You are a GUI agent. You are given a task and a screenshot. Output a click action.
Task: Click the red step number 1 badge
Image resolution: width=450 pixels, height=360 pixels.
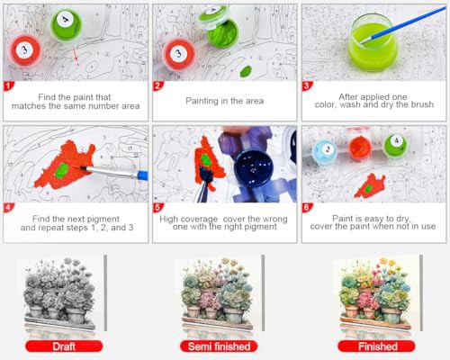pos(8,86)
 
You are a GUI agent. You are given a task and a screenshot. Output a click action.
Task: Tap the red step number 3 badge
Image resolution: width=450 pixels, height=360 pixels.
pos(306,86)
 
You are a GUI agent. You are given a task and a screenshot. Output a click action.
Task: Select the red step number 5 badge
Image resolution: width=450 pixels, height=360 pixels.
pos(157,207)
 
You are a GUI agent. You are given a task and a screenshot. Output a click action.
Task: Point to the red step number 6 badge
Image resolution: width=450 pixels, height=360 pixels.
pos(306,207)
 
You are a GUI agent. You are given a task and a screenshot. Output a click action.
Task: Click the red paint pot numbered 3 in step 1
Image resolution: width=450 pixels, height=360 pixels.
pos(24,50)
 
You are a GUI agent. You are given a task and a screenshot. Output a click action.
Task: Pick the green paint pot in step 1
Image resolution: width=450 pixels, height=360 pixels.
pos(66,23)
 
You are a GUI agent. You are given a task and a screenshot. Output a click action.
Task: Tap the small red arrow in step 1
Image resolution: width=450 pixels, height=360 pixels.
pos(76,55)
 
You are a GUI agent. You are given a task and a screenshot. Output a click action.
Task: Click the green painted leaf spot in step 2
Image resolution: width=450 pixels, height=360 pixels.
pos(246,71)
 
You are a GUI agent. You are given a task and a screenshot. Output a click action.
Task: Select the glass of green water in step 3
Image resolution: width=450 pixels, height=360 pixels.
pos(373,42)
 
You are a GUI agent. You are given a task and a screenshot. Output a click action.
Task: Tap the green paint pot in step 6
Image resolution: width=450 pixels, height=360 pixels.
pos(395,145)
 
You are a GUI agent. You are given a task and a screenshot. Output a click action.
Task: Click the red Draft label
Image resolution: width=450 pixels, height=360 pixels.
pos(64,346)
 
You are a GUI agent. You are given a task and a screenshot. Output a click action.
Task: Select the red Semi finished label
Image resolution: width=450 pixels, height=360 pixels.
pos(219,346)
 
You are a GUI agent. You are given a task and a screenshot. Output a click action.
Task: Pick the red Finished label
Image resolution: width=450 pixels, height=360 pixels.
pos(377,346)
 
